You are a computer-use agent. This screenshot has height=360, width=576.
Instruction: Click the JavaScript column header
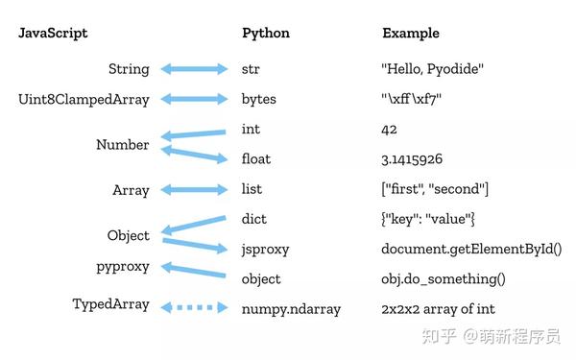(53, 34)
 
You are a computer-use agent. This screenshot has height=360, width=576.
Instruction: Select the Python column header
(266, 34)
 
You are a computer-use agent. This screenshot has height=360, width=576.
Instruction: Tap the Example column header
(411, 34)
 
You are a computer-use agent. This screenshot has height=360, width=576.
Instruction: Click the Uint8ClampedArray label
(84, 99)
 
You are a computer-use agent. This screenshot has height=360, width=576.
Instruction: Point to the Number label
(123, 145)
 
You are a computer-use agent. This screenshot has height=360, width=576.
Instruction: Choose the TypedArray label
(111, 304)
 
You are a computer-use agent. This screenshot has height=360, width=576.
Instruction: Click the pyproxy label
(123, 266)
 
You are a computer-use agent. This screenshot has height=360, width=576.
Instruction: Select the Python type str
(252, 69)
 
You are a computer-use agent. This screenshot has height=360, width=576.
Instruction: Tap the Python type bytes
(259, 99)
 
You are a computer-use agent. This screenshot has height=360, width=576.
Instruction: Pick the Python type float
(257, 159)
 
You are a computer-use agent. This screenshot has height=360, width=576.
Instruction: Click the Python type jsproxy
(266, 250)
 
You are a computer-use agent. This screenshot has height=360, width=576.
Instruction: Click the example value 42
(391, 130)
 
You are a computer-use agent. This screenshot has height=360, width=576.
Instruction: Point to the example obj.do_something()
(444, 279)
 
